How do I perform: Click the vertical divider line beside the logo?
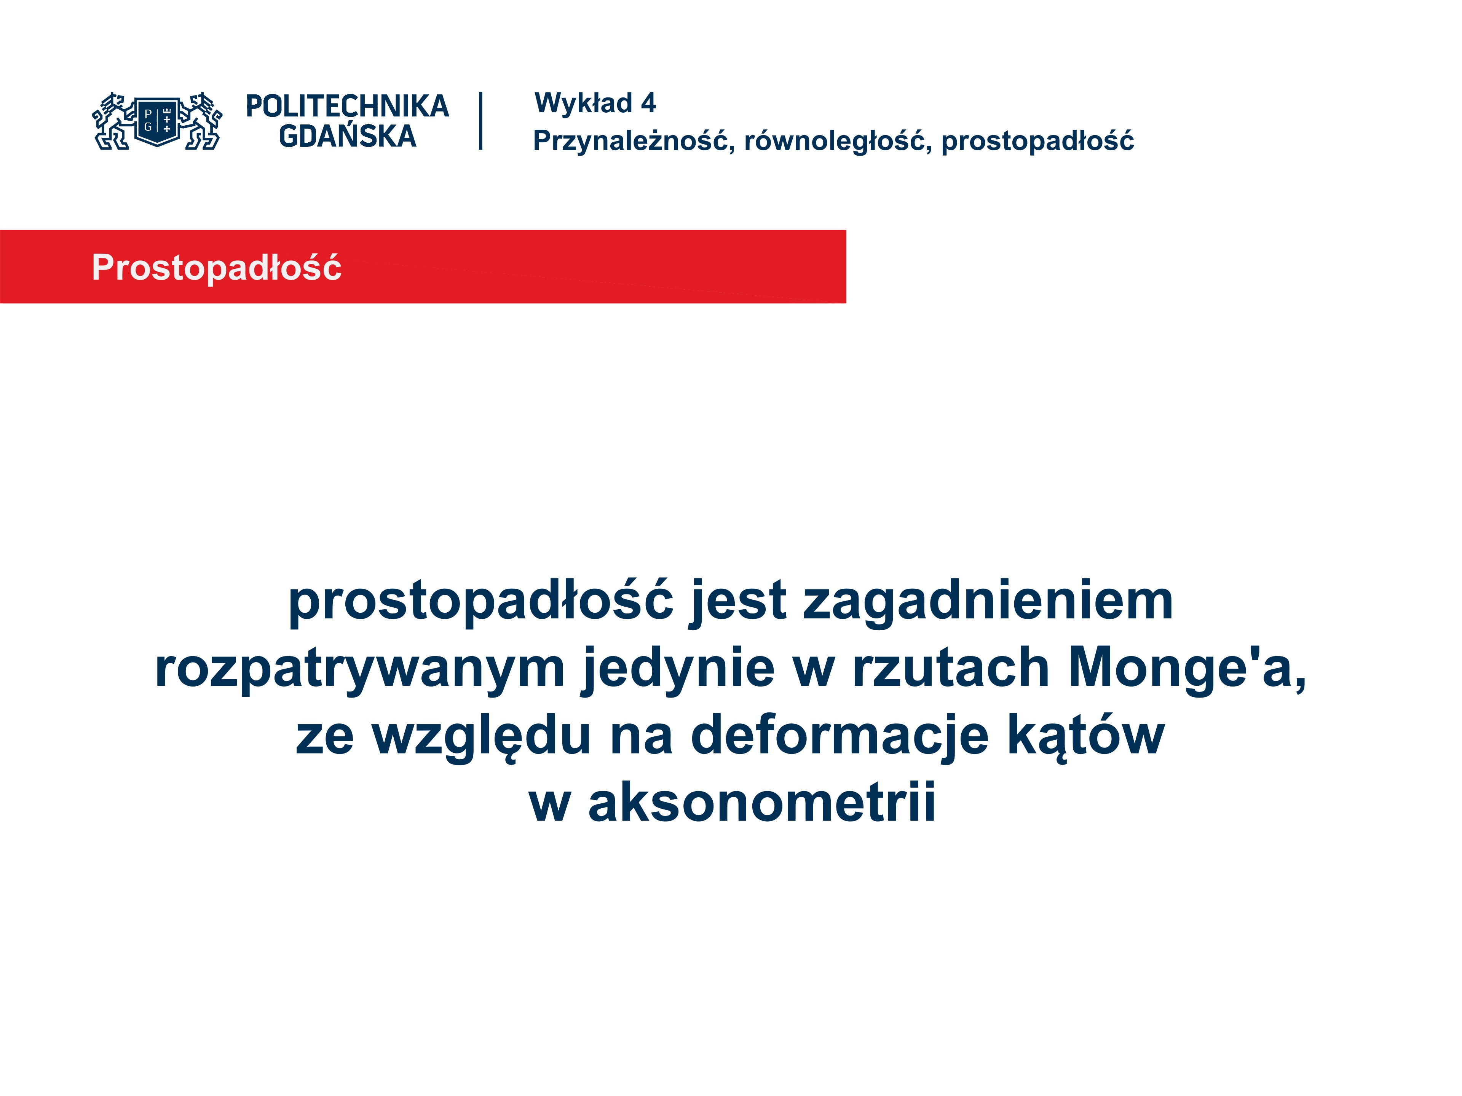[480, 121]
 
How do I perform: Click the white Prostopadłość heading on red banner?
[217, 268]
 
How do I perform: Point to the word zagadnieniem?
[988, 602]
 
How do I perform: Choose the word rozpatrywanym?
[359, 669]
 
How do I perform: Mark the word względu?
[481, 737]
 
